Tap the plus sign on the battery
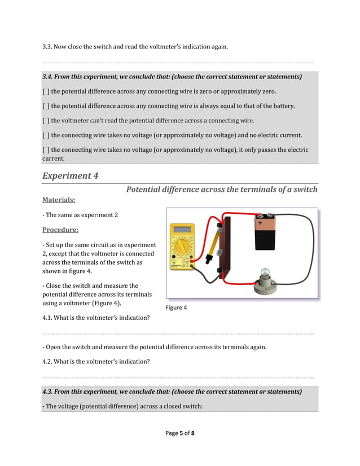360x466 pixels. (260, 223)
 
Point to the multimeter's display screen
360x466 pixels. (182, 229)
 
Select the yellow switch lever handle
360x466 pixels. (212, 248)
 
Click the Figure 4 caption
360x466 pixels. (175, 307)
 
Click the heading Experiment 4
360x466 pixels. (70, 175)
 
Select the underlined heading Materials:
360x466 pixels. (59, 200)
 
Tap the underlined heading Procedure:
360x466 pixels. (60, 230)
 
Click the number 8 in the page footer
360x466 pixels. (193, 433)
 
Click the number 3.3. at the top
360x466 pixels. (50, 47)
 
